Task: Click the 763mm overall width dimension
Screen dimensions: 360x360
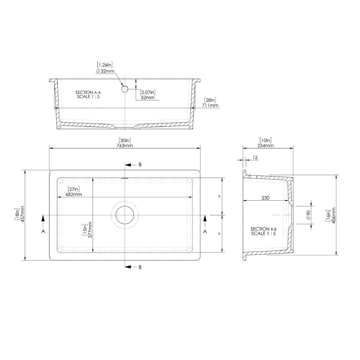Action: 125,145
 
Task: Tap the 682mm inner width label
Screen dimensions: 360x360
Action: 74,195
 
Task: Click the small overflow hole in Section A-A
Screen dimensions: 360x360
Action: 125,88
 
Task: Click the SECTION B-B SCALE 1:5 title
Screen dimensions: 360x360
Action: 264,231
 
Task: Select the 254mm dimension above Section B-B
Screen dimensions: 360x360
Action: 265,145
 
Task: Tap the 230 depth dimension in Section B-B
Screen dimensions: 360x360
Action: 266,198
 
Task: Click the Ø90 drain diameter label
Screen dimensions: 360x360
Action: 308,215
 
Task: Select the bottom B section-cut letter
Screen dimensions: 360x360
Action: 140,267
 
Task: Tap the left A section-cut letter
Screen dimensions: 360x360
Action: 43,231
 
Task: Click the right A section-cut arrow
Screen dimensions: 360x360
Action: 205,219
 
